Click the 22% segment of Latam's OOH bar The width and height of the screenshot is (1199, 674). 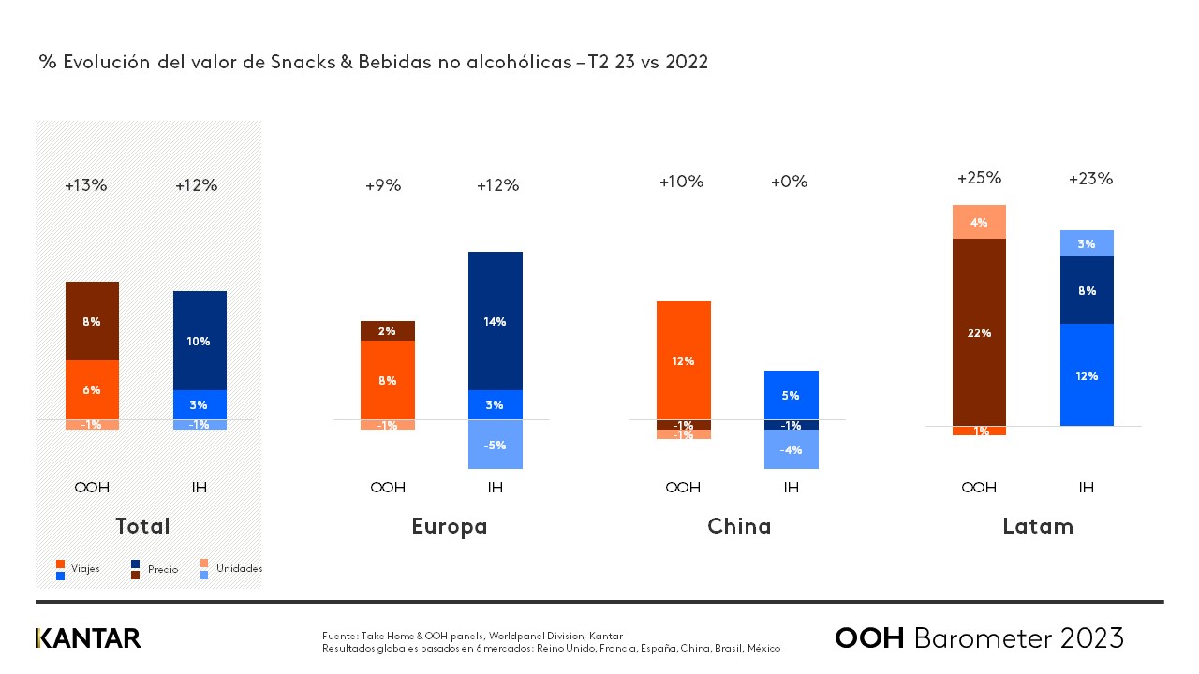click(x=979, y=332)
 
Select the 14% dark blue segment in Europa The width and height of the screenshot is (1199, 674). click(x=496, y=321)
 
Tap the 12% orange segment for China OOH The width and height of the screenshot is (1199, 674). click(x=683, y=360)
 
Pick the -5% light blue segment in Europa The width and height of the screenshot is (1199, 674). click(x=496, y=445)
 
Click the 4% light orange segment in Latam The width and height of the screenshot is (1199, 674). click(x=979, y=222)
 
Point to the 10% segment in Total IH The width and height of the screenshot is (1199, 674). click(x=200, y=341)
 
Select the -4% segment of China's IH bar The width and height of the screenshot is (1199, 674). click(x=791, y=449)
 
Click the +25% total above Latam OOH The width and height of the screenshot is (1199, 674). click(x=979, y=178)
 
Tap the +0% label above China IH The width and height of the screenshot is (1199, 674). click(x=789, y=182)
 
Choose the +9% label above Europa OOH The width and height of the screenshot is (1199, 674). click(x=383, y=185)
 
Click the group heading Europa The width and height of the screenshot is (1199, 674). click(x=450, y=526)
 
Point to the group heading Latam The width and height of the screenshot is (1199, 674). click(x=1038, y=526)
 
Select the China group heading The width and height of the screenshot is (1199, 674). click(x=739, y=526)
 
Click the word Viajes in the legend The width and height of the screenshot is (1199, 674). click(x=85, y=568)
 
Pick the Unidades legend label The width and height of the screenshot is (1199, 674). click(x=239, y=568)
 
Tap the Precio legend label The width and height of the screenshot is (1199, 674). click(x=162, y=569)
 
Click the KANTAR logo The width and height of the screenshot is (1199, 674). click(x=88, y=638)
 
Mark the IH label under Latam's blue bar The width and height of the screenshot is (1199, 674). click(x=1087, y=487)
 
